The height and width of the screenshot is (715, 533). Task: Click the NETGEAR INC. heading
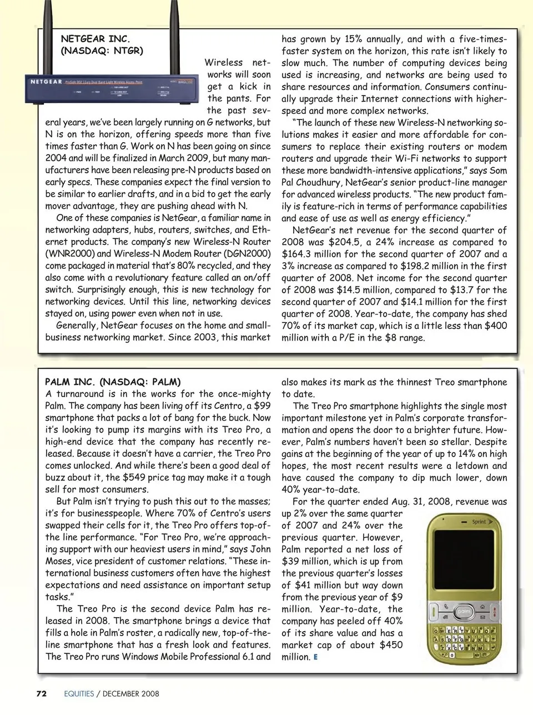95,39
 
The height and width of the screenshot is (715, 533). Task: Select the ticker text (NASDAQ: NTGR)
102,51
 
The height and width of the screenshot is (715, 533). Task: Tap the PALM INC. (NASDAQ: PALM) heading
113,382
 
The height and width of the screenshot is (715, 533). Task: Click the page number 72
41,693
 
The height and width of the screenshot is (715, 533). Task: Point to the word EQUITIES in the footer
79,693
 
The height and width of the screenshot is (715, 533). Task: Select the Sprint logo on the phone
478,522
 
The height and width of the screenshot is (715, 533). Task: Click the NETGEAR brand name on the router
46,82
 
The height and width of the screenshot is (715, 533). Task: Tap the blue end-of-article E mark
316,657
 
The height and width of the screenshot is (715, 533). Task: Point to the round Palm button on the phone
464,611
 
